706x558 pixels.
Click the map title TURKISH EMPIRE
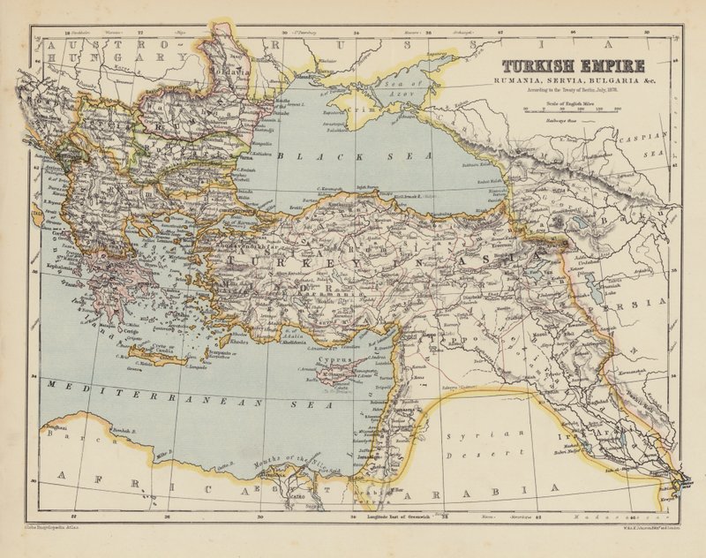point(574,65)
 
